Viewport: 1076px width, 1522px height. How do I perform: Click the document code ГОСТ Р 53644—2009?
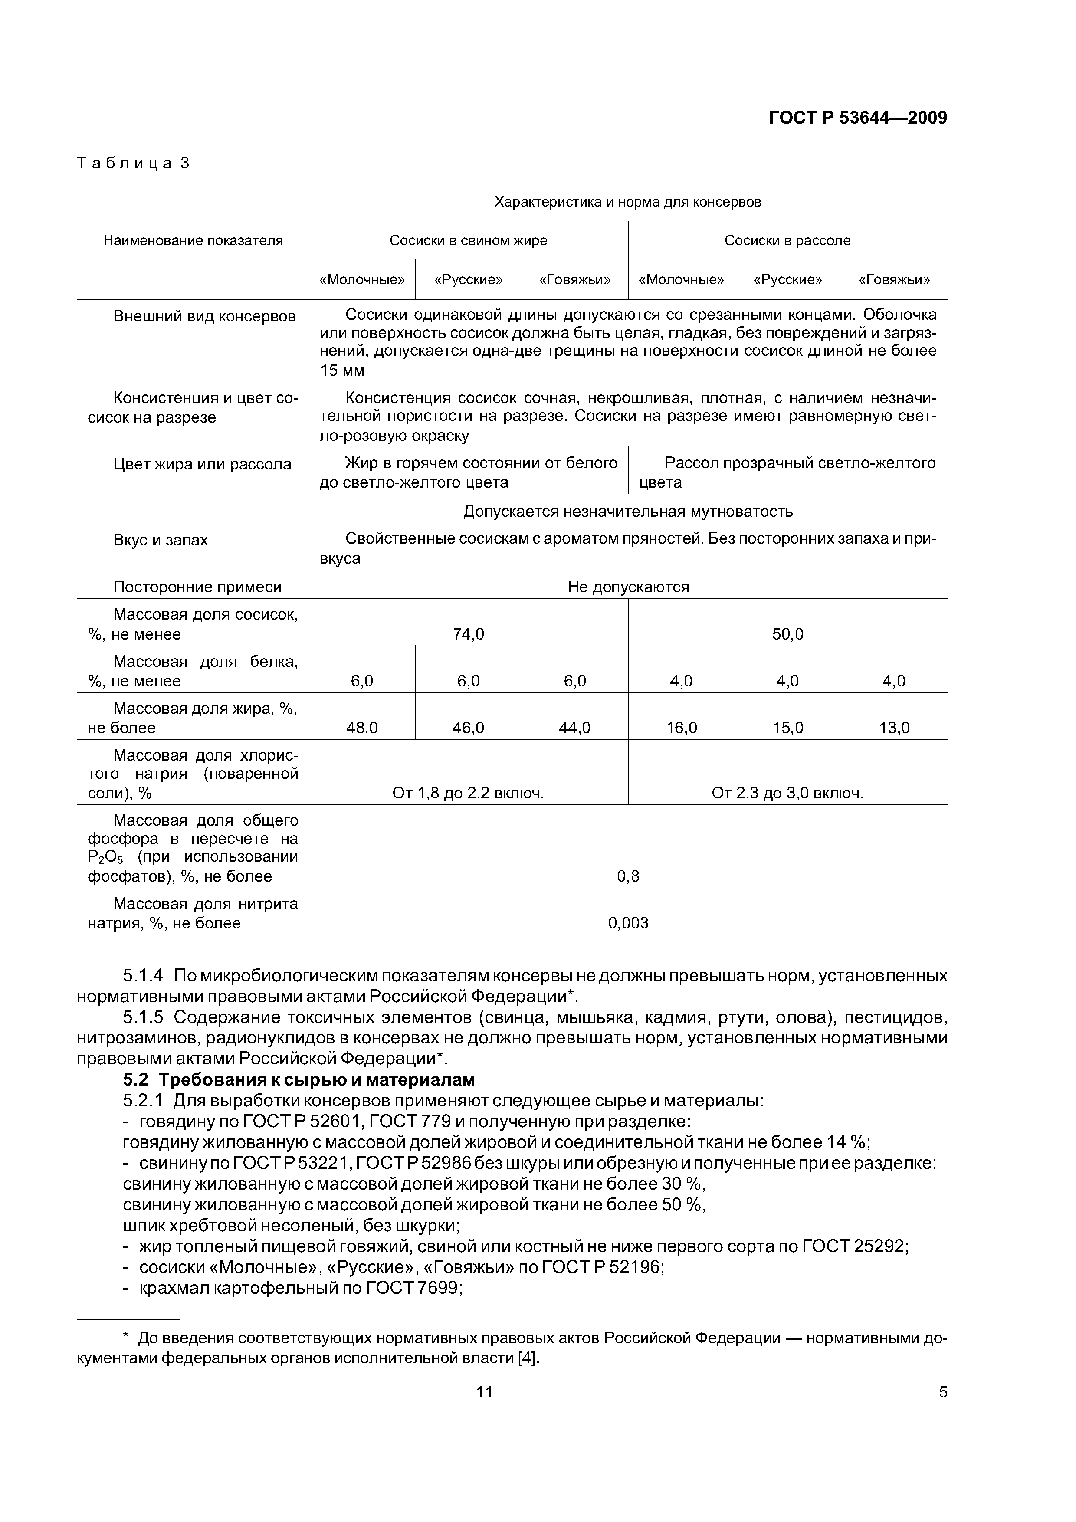point(857,118)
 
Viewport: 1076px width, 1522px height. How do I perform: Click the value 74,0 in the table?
point(468,634)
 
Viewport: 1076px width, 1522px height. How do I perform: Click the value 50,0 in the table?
point(787,634)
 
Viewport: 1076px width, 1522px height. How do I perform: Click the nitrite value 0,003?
point(628,923)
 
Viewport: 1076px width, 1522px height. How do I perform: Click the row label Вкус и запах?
point(161,540)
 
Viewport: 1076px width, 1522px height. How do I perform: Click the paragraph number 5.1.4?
point(143,976)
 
